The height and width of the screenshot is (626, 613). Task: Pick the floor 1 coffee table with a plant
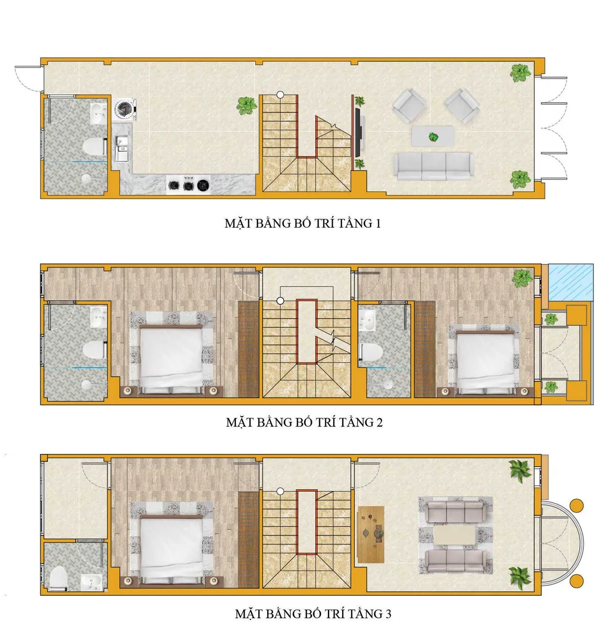[x=433, y=137]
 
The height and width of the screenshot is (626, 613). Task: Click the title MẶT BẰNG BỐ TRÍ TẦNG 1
[x=302, y=223]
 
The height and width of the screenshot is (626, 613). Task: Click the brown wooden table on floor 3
[x=371, y=534]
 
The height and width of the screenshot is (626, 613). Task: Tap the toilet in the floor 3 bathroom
[x=59, y=577]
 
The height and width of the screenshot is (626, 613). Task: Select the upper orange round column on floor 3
[x=576, y=505]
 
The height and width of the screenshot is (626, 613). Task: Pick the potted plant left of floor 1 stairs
[x=247, y=106]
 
